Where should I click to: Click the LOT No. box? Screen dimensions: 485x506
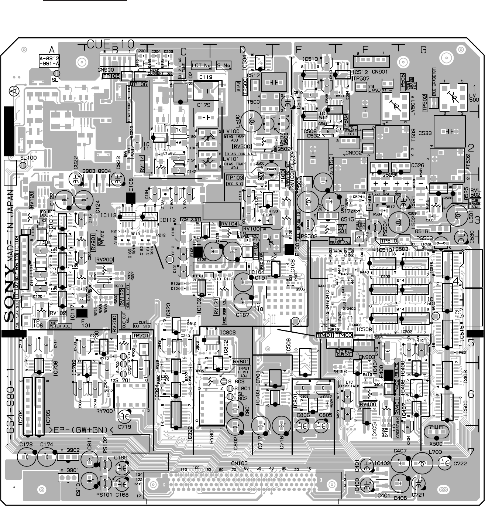tap(201, 66)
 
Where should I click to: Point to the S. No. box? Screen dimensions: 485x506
tap(224, 66)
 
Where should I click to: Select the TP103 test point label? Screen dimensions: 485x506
tap(234, 178)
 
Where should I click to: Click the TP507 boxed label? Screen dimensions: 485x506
tap(361, 79)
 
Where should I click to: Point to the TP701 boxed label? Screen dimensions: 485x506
tap(140, 336)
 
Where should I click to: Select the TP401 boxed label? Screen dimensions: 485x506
tap(325, 335)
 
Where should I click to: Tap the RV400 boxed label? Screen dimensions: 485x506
tap(368, 404)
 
